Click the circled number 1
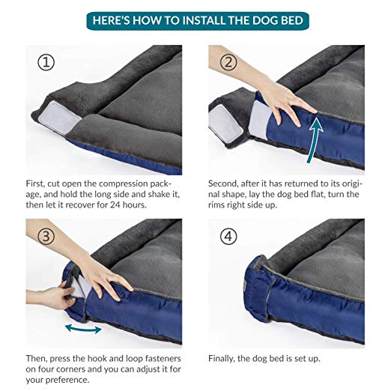point(46,62)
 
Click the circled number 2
point(228,62)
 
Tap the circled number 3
point(46,236)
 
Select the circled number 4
point(228,236)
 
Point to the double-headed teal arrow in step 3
point(83,329)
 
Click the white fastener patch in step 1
point(59,118)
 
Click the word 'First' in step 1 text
point(35,184)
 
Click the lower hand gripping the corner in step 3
point(51,297)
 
